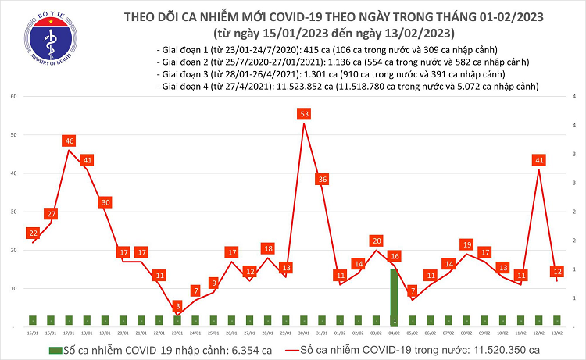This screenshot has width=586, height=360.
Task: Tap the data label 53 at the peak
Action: pyautogui.click(x=304, y=114)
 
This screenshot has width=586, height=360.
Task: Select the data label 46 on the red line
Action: pyautogui.click(x=69, y=141)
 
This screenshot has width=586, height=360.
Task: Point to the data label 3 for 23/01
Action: pyautogui.click(x=177, y=306)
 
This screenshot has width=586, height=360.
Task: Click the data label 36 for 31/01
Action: pyautogui.click(x=322, y=180)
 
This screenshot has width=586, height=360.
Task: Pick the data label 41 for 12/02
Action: pyautogui.click(x=538, y=160)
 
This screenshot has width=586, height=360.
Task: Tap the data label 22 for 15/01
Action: pyautogui.click(x=33, y=233)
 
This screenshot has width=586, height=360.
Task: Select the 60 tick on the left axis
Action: pyautogui.click(x=13, y=96)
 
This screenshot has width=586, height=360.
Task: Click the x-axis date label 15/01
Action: pyautogui.click(x=32, y=332)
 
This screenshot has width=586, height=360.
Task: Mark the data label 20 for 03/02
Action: pyautogui.click(x=377, y=241)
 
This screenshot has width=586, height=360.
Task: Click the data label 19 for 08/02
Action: pyautogui.click(x=466, y=244)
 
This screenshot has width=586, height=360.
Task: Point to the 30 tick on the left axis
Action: pyautogui.click(x=13, y=212)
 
